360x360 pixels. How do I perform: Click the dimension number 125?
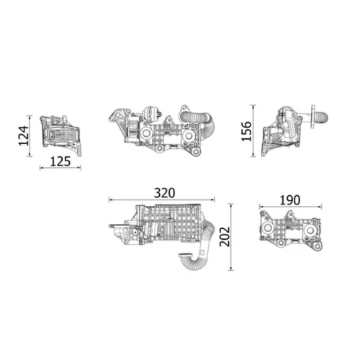pyautogui.click(x=60, y=162)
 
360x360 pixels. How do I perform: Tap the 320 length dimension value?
pyautogui.click(x=165, y=193)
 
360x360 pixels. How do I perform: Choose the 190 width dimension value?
pyautogui.click(x=289, y=199)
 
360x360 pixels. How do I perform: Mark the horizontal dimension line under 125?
pyautogui.click(x=60, y=169)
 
